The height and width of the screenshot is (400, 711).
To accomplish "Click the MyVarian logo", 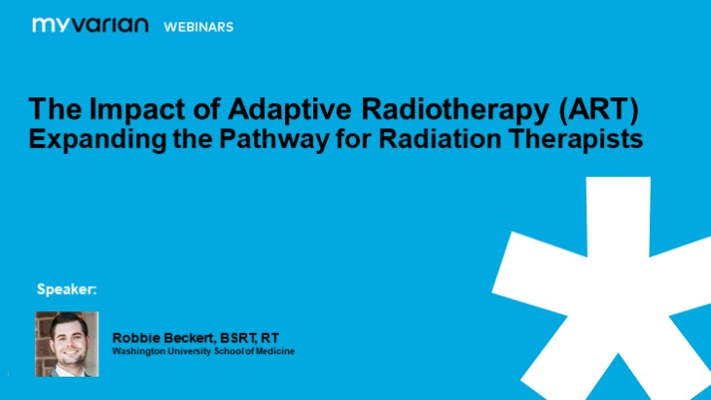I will pos(89,25).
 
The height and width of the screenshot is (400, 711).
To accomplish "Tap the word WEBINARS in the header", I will pos(198,26).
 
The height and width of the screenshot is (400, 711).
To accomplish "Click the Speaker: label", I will pos(67,289).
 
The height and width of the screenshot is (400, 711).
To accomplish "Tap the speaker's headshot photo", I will pos(67,344).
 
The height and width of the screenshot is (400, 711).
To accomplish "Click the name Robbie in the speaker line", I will pos(137,337).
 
